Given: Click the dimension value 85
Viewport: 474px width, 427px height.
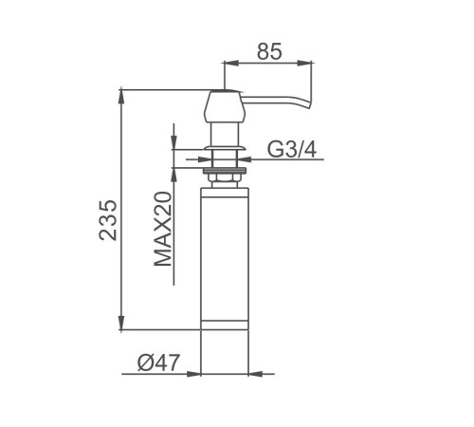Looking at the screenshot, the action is pos(269,51).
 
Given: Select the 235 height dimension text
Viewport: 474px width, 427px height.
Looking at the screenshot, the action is pos(108,220).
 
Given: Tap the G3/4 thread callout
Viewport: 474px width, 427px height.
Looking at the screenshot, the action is pos(292,149).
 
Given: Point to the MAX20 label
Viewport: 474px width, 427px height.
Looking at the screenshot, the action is pos(163,229).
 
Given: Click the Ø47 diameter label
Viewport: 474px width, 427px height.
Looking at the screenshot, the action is pos(158,362).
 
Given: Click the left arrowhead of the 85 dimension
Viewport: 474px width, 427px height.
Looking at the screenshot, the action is pos(231,64).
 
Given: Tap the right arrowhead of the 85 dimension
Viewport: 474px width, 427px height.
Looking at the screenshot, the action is pos(305,64).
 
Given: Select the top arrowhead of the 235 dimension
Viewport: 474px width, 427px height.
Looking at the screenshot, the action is pos(121,98).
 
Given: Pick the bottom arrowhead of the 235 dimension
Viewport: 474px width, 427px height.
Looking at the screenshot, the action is pos(121,323).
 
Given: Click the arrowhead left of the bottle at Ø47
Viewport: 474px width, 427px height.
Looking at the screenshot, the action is pos(193,374).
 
